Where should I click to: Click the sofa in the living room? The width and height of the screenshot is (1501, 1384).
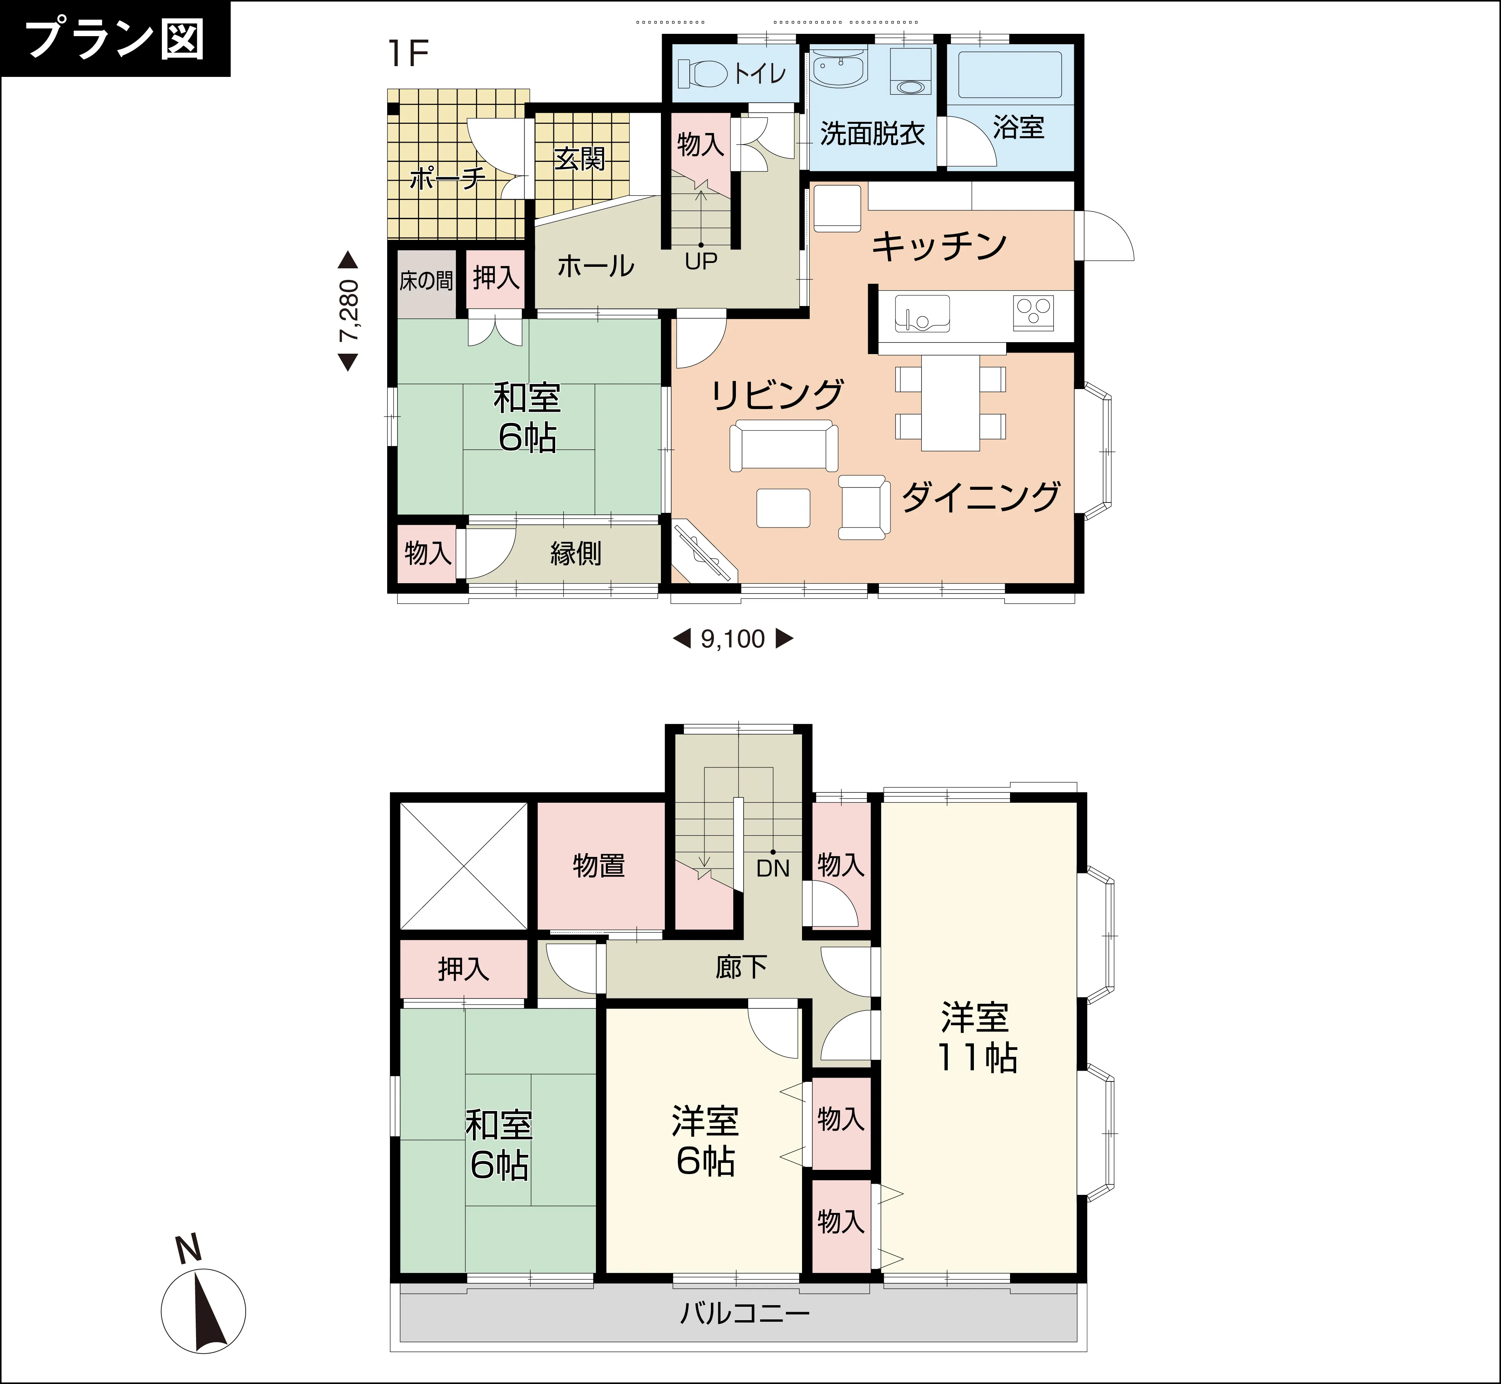coord(784,446)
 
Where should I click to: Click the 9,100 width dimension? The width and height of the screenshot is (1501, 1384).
coord(732,639)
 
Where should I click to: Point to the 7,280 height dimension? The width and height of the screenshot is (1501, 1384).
coord(348,311)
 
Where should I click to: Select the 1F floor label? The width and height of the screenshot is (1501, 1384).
coord(408,53)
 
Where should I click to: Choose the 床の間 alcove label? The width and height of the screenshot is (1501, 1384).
coord(426,281)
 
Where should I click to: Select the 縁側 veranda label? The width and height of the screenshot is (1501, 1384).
coord(576,554)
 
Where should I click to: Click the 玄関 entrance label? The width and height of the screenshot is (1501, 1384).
coord(580,159)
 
